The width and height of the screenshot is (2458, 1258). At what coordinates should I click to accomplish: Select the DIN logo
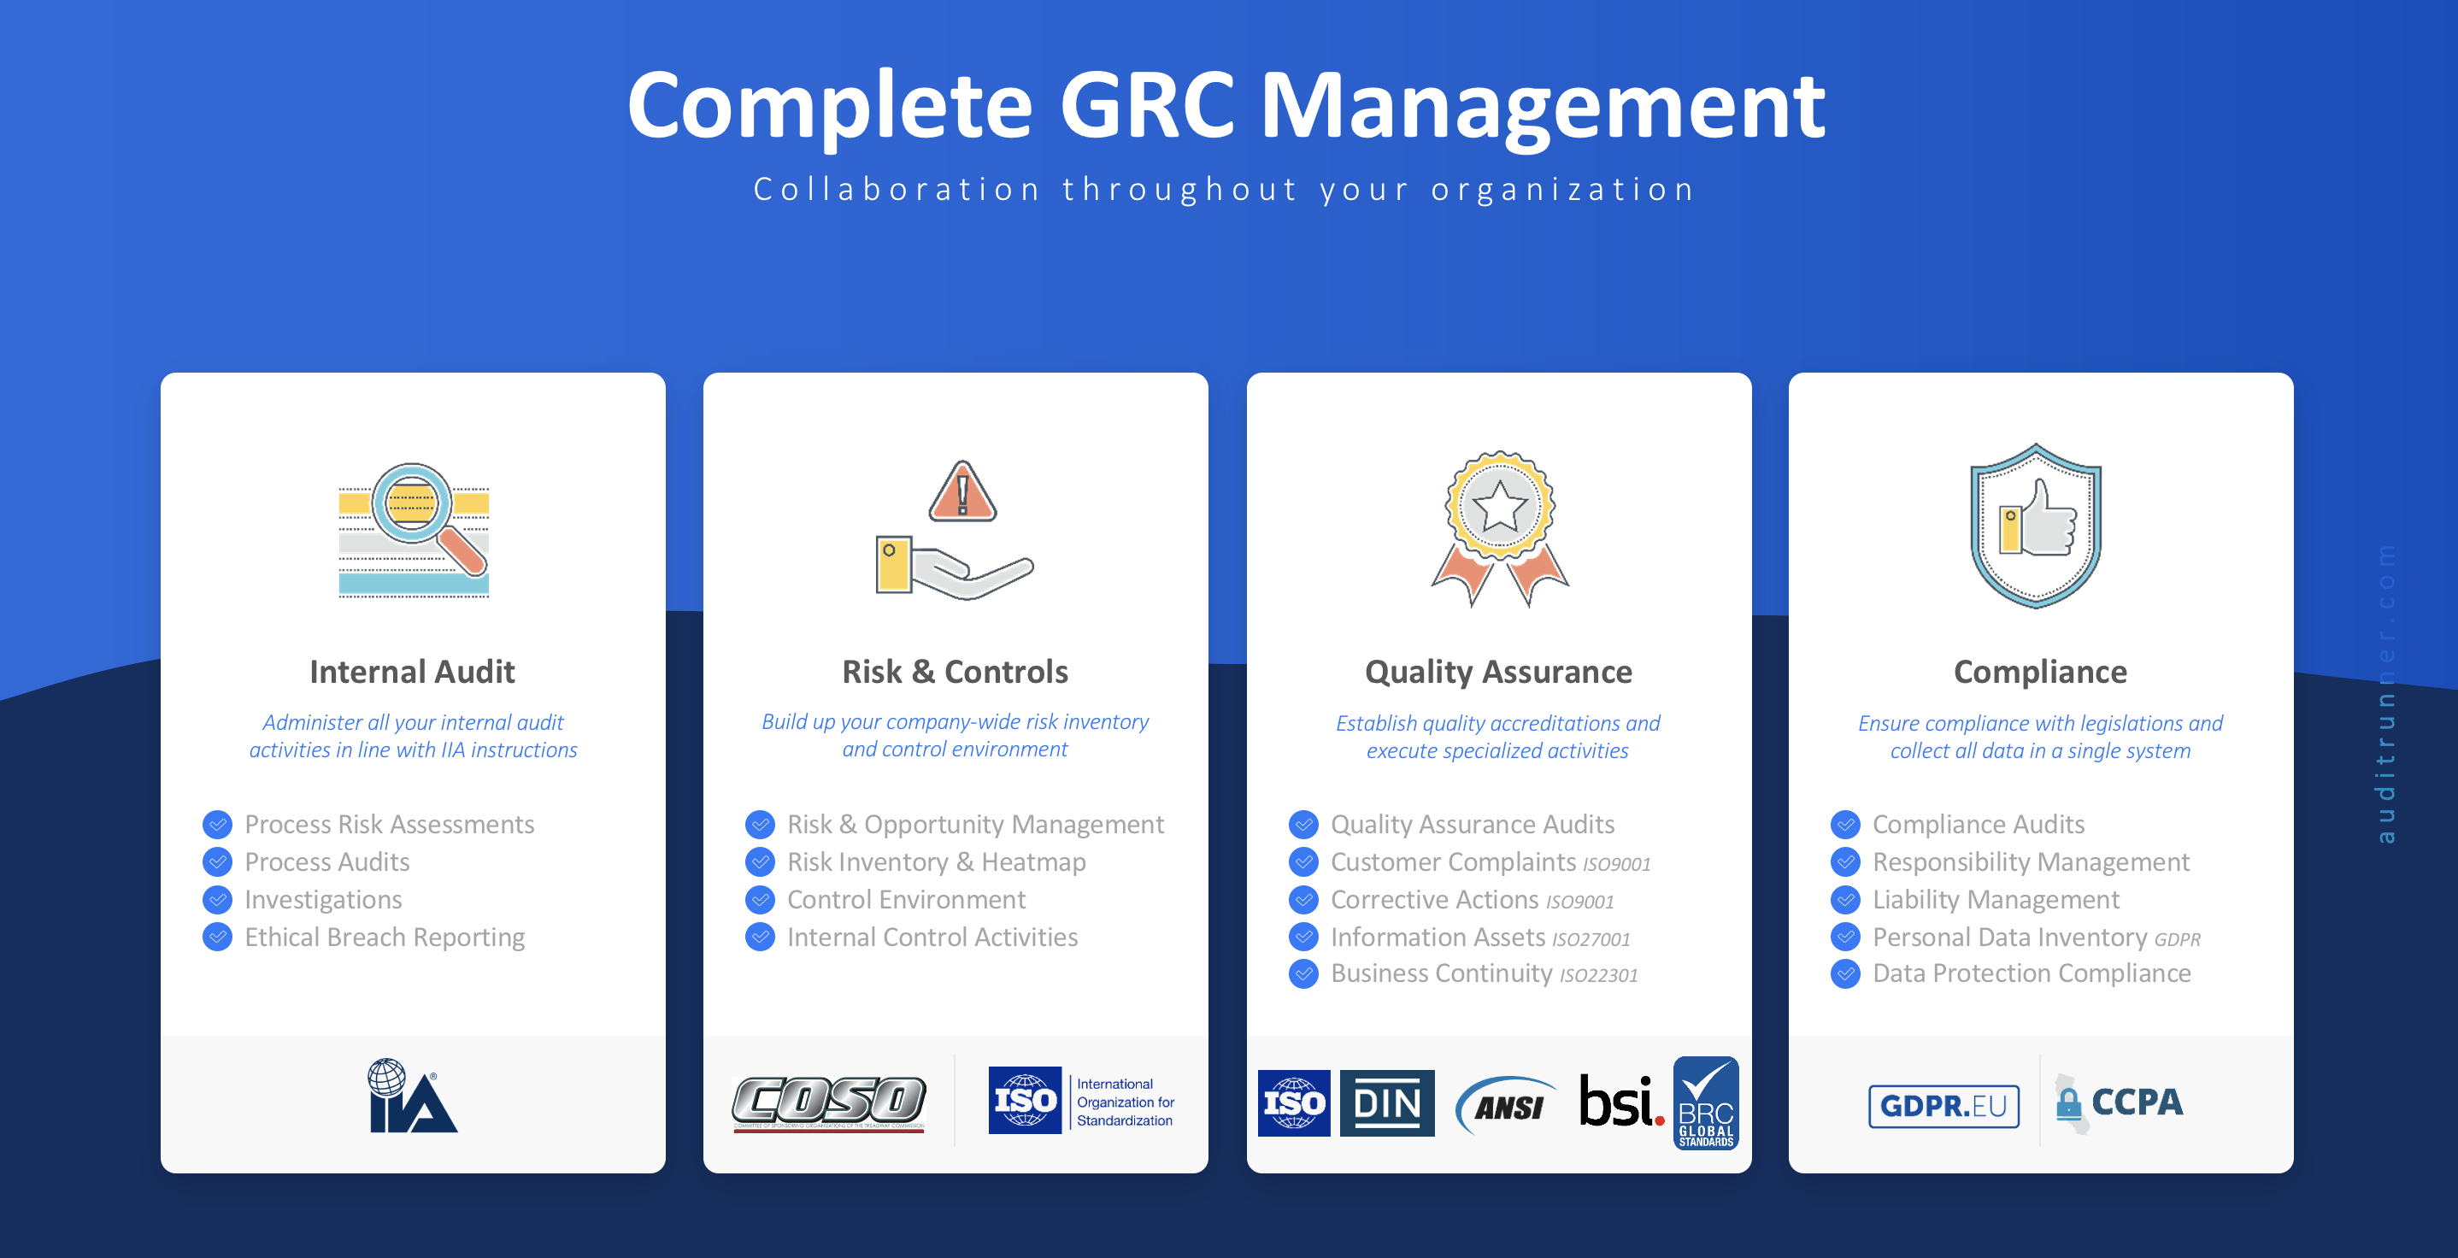(x=1386, y=1103)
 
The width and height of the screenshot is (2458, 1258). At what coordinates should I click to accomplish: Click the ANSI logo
(x=1507, y=1105)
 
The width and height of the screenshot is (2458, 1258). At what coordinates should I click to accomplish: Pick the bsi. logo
(x=1620, y=1102)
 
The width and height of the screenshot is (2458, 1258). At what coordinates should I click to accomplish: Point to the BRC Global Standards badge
(x=1706, y=1102)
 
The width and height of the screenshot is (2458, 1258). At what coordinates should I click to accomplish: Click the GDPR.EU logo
(x=1943, y=1105)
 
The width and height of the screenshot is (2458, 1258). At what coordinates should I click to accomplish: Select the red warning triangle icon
(x=961, y=492)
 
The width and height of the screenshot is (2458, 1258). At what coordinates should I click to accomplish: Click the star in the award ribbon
(x=1499, y=506)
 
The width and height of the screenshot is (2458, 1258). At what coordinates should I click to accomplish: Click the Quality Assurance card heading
(x=1498, y=672)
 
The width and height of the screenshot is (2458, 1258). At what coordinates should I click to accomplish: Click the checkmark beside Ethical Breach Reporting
(x=218, y=938)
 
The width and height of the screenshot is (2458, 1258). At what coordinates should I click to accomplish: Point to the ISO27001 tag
(x=1591, y=940)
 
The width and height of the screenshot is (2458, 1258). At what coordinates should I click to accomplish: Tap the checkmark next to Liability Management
(x=1845, y=900)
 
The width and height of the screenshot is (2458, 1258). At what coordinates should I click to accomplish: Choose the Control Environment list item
(x=906, y=900)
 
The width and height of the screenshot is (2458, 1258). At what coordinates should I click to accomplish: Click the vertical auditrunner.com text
(x=2385, y=693)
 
